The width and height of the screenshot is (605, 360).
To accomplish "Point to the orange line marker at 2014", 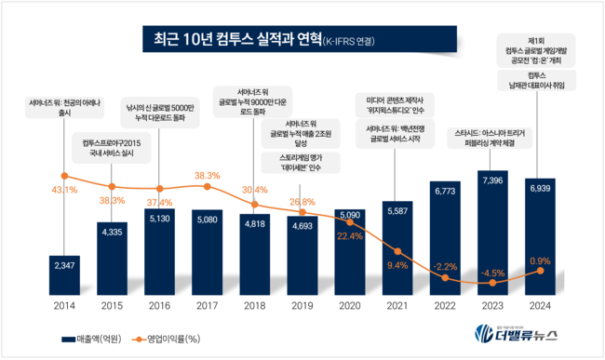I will click(63, 176).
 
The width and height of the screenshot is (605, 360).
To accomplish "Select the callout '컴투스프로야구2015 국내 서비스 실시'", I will click(110, 147).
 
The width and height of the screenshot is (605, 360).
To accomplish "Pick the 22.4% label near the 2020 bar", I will click(351, 235).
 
